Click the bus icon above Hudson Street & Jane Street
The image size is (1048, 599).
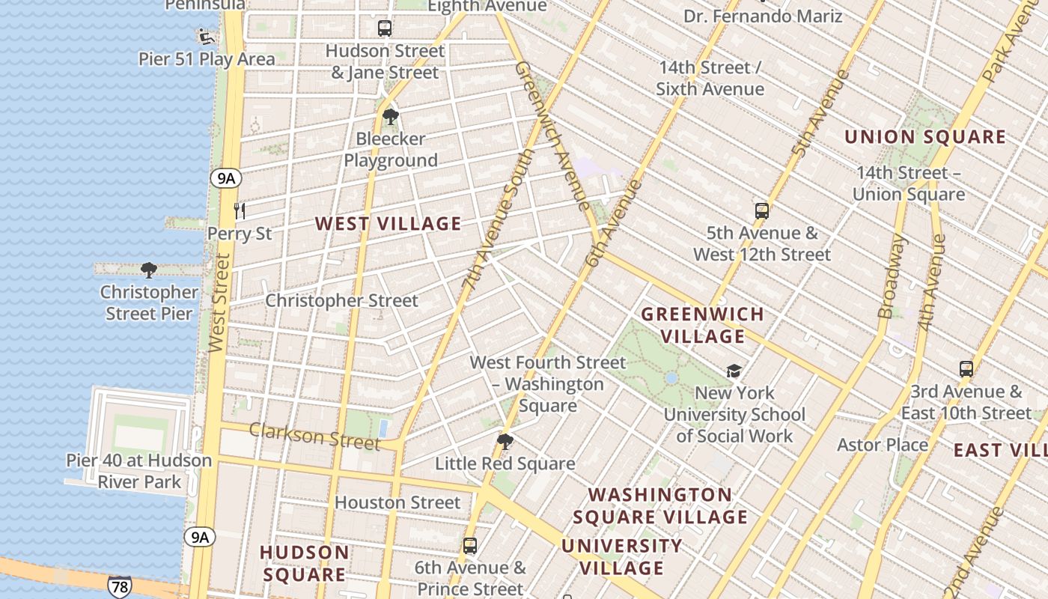pyautogui.click(x=384, y=28)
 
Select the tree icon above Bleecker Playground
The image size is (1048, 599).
pyautogui.click(x=390, y=117)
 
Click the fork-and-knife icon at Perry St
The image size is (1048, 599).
pyautogui.click(x=240, y=210)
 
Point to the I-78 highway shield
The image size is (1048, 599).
pyautogui.click(x=119, y=586)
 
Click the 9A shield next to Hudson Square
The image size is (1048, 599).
pyautogui.click(x=199, y=537)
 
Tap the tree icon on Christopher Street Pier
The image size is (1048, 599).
pyautogui.click(x=149, y=270)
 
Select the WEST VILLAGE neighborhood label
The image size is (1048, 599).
pyautogui.click(x=388, y=224)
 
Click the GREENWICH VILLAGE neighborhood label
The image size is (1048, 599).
pyautogui.click(x=703, y=325)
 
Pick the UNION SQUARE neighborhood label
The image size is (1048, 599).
pyautogui.click(x=925, y=137)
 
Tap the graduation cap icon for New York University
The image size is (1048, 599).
pyautogui.click(x=734, y=371)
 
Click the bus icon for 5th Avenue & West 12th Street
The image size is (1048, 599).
pyautogui.click(x=762, y=211)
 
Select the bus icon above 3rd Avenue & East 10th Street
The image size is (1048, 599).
pyautogui.click(x=966, y=369)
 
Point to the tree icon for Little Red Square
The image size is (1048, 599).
pyautogui.click(x=505, y=442)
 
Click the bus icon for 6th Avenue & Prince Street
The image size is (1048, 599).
pyautogui.click(x=470, y=546)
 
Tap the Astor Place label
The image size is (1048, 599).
pyautogui.click(x=883, y=445)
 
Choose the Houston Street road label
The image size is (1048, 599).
pyautogui.click(x=397, y=502)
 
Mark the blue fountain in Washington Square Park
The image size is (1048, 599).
pyautogui.click(x=671, y=378)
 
